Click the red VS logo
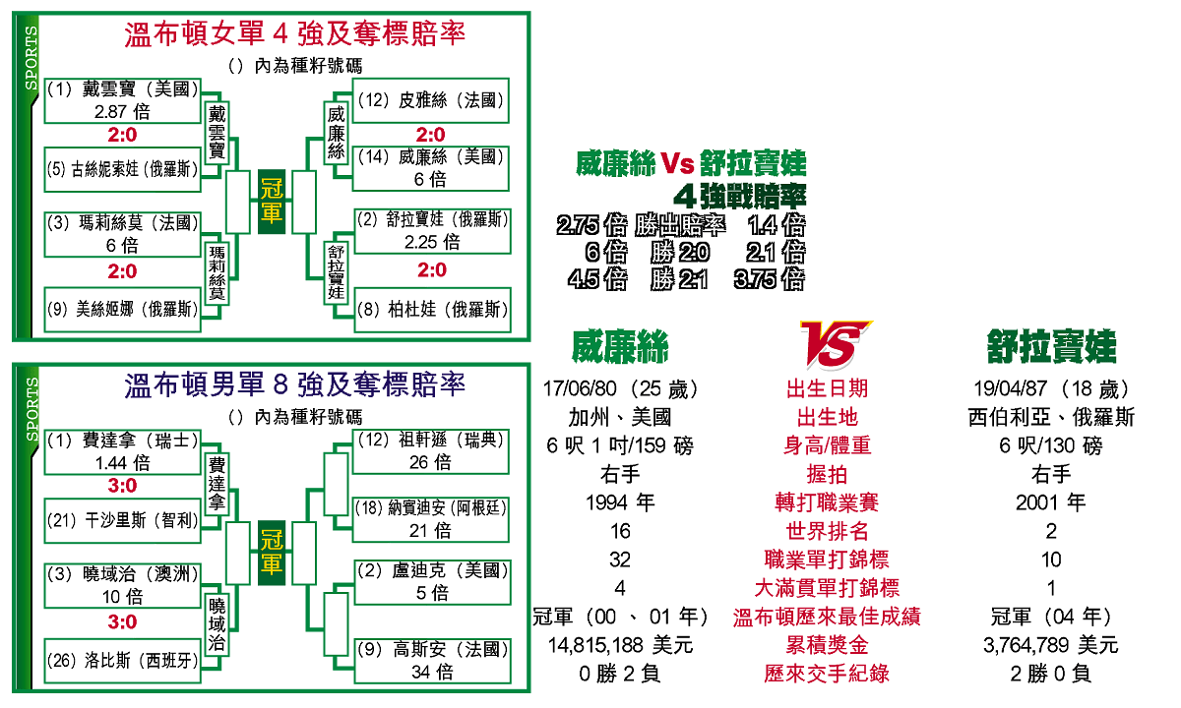[x=834, y=344]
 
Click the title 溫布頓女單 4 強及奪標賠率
[x=294, y=34]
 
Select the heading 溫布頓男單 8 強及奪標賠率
[x=294, y=383]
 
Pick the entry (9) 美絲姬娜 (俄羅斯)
[x=122, y=309]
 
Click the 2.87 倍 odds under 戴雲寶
[x=122, y=112]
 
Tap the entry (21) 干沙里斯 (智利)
[x=122, y=520]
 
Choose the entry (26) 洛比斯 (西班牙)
[x=122, y=660]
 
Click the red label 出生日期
[x=827, y=389]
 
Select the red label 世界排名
[x=827, y=532]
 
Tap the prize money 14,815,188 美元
[x=620, y=646]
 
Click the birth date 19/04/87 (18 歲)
[x=1051, y=389]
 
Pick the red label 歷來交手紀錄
[x=827, y=675]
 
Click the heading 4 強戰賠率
[x=748, y=194]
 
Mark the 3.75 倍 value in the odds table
[x=770, y=280]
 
